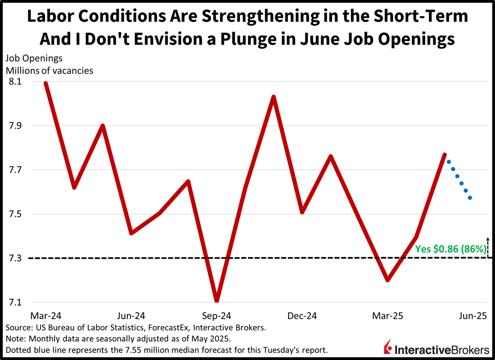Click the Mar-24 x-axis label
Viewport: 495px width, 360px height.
[x=46, y=316]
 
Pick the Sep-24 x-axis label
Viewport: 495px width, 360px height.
[x=216, y=316]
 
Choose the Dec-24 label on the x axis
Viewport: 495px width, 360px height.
[x=302, y=316]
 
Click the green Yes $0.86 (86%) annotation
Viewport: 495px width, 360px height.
[x=450, y=249]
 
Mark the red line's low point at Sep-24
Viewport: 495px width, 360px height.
[x=216, y=301]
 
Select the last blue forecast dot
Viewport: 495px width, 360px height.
[x=470, y=198]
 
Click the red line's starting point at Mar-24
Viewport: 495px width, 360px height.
[x=46, y=84]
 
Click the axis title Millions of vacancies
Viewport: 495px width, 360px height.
[x=49, y=71]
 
